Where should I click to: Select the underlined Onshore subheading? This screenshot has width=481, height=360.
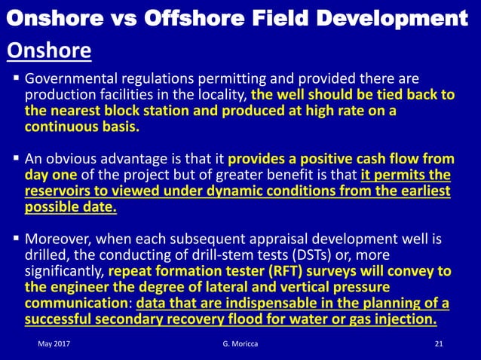[49, 51]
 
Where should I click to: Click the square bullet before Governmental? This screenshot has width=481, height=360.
[16, 79]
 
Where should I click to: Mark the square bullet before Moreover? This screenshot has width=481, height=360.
[16, 239]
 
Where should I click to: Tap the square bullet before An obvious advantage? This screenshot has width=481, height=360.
[16, 159]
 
